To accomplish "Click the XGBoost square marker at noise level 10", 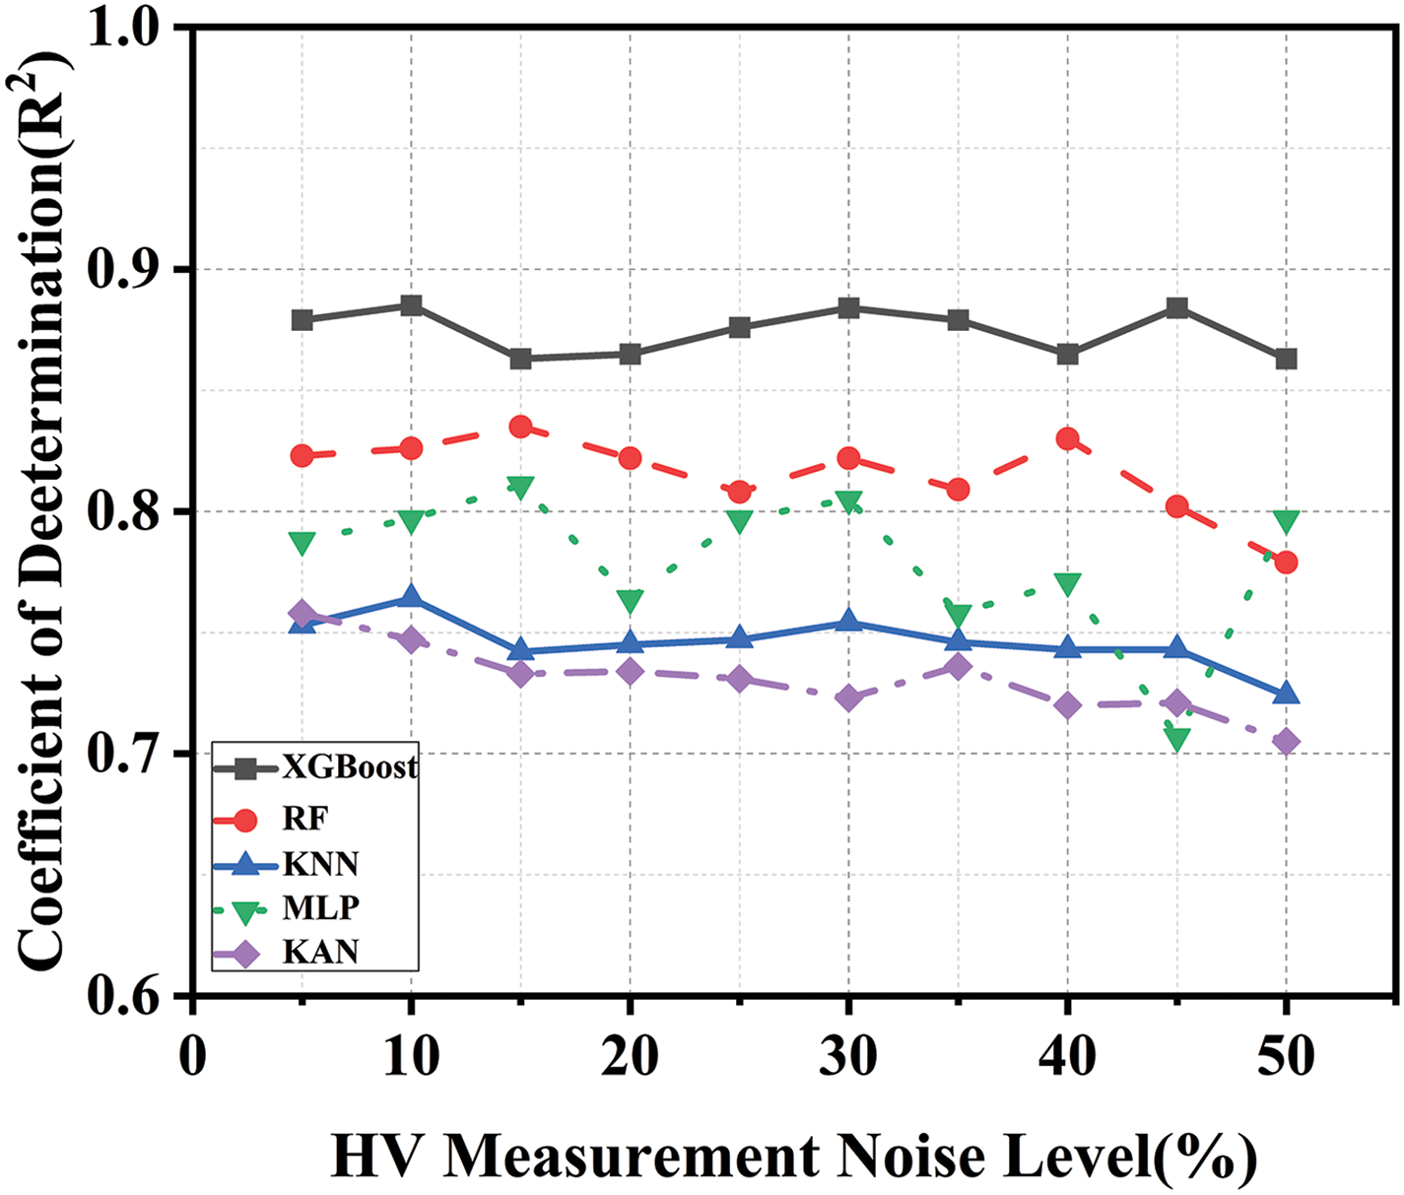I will (x=411, y=305).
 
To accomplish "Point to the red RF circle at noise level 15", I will (x=521, y=427).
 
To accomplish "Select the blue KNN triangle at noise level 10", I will (x=411, y=597).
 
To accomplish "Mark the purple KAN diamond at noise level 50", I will (x=1286, y=742).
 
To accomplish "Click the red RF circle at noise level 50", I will (x=1286, y=563).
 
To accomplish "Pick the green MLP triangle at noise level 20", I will (x=631, y=601).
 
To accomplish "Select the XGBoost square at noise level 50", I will (x=1286, y=359).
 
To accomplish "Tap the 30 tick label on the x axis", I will (x=848, y=1057).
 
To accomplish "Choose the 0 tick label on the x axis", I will (x=193, y=1057).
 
